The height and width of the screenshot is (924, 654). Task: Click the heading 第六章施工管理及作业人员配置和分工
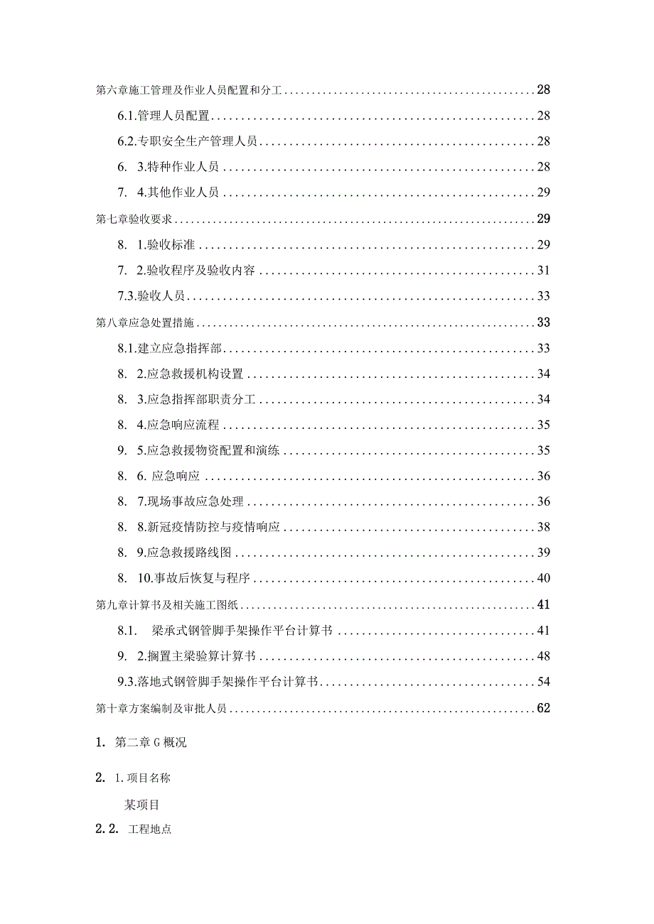point(189,90)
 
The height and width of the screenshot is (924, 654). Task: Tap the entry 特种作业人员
point(183,167)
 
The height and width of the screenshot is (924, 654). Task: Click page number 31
point(543,271)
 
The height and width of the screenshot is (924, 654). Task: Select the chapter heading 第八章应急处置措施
point(145,323)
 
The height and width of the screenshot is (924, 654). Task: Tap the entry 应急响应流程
point(183,425)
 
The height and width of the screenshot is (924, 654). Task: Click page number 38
point(543,528)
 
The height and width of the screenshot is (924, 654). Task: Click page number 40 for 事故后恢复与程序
point(543,579)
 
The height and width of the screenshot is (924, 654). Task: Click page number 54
point(543,682)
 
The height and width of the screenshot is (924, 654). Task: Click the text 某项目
point(142,805)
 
